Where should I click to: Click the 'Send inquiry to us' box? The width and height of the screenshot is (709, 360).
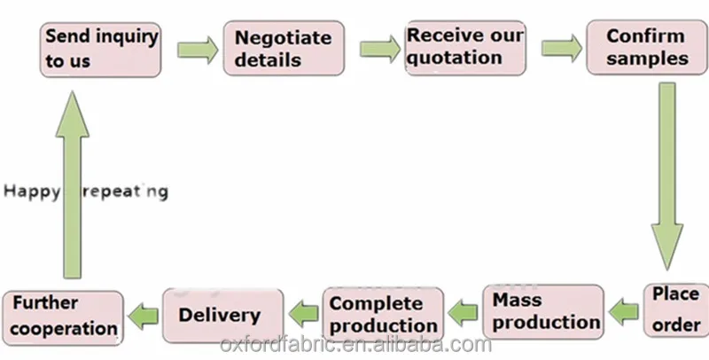tap(101, 50)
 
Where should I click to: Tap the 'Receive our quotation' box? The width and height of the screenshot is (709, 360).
tap(464, 48)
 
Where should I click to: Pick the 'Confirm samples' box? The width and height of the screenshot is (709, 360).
tap(646, 48)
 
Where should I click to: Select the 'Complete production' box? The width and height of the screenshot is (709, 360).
tap(383, 315)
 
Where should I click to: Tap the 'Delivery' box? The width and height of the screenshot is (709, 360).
tap(222, 315)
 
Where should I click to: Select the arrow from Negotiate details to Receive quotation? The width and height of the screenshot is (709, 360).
tap(379, 46)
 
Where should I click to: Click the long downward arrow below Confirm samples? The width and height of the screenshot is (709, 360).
tap(666, 177)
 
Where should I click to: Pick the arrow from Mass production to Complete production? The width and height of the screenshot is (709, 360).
tap(462, 310)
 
